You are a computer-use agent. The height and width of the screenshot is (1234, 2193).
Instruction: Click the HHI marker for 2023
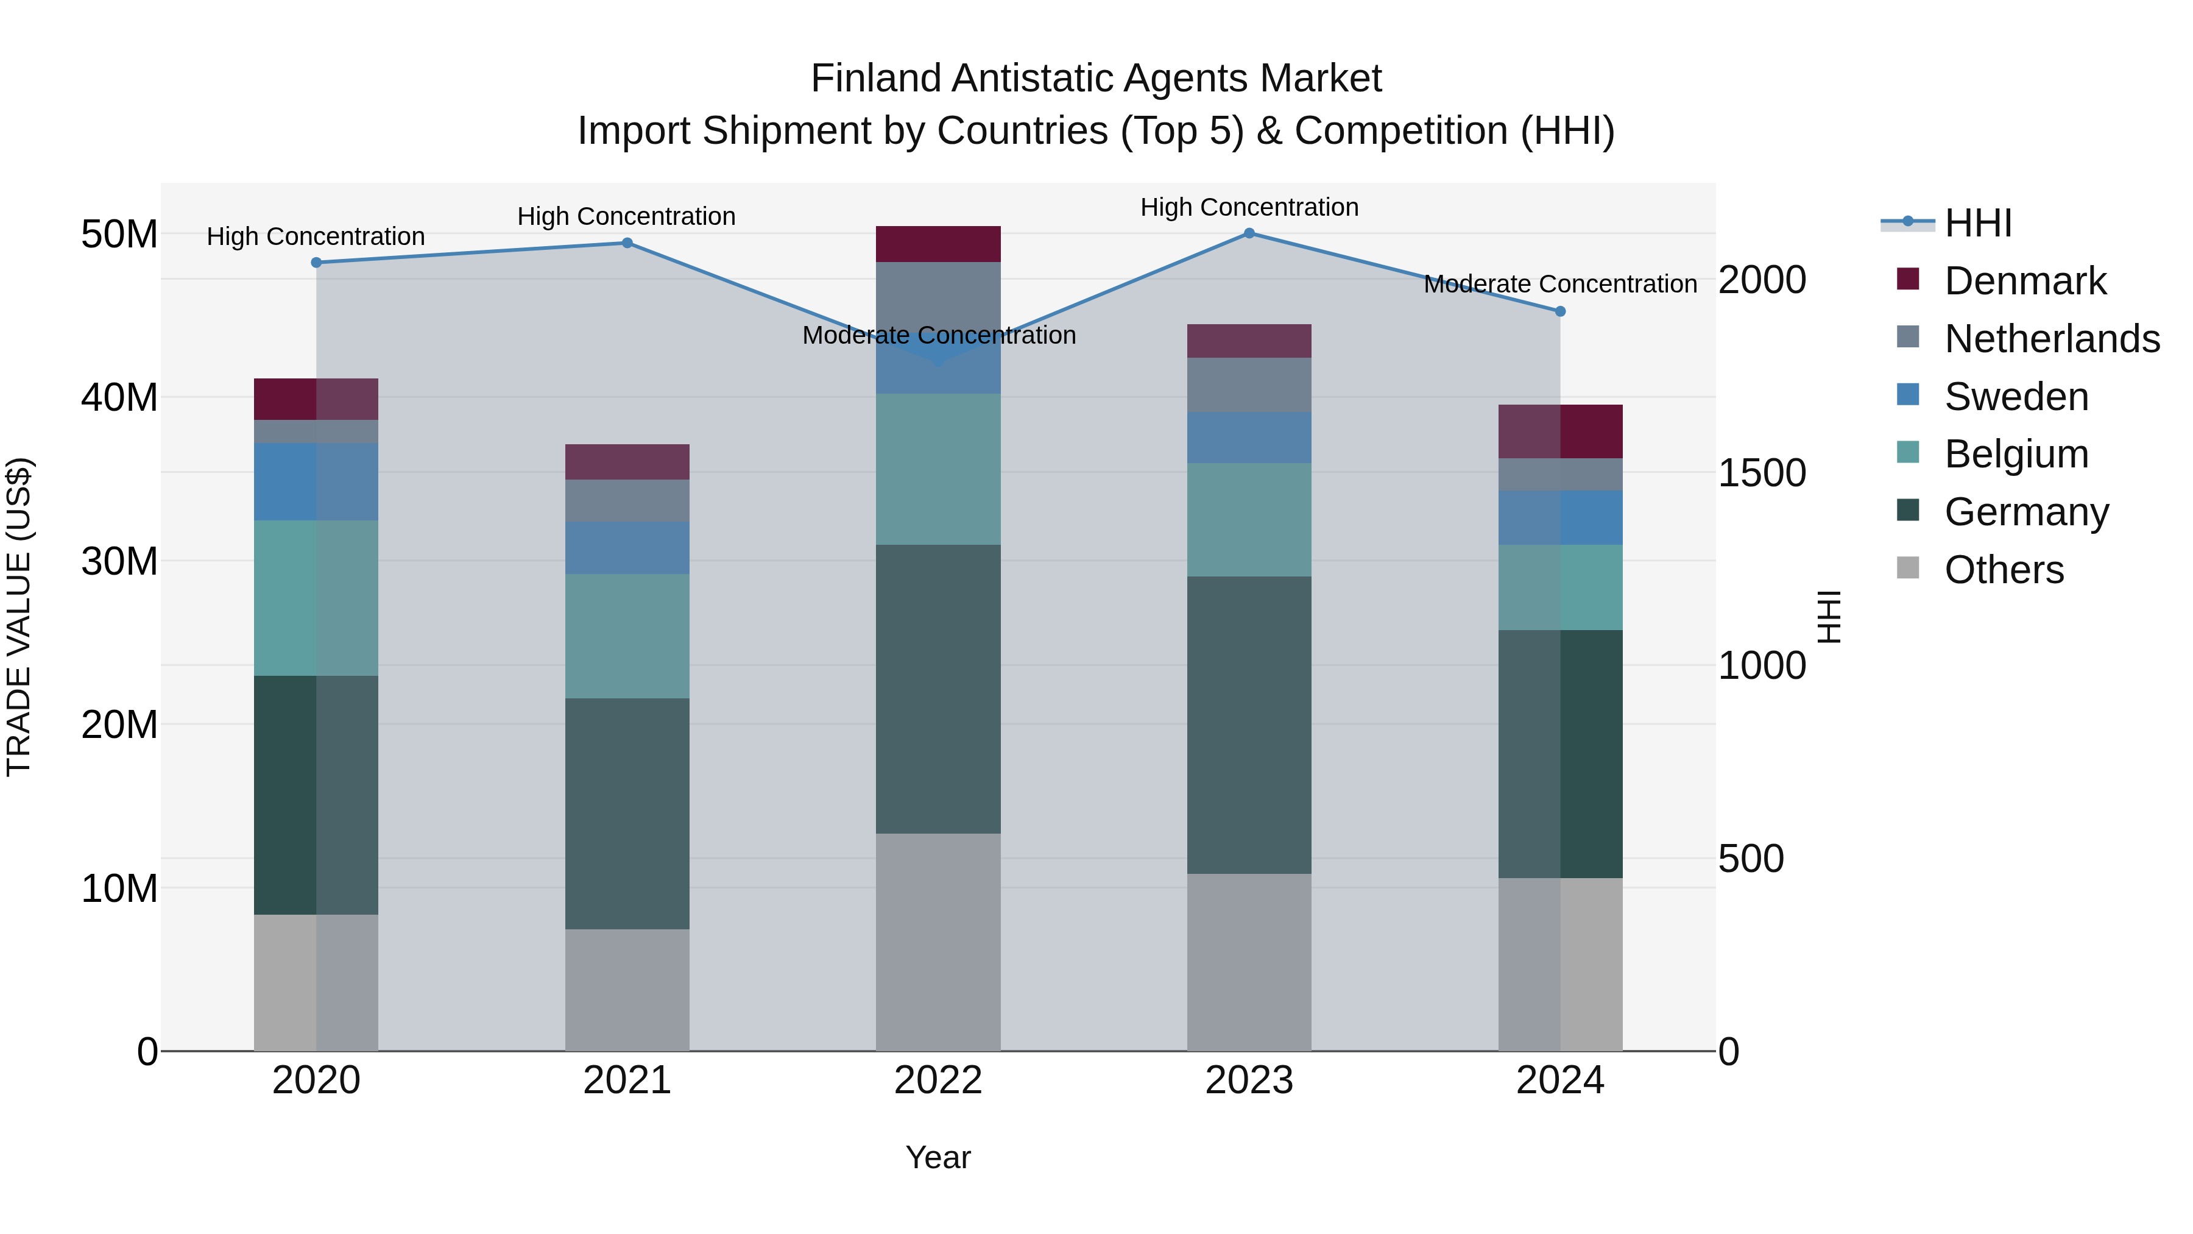(1249, 233)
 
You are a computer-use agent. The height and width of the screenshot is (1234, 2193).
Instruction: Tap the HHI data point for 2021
(627, 243)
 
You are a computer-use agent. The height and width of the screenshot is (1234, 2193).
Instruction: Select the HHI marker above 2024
(1559, 311)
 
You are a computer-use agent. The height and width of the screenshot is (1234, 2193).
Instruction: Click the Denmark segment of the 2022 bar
(938, 244)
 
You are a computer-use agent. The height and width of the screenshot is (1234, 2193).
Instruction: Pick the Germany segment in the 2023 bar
(1249, 725)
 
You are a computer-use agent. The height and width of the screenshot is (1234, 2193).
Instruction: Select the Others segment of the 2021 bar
(627, 990)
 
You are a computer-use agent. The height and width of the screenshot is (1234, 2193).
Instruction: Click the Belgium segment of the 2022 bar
(938, 469)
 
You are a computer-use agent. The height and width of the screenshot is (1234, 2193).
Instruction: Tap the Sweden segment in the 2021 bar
(627, 548)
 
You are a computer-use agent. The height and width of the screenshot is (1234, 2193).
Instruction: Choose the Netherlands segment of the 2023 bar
(1249, 385)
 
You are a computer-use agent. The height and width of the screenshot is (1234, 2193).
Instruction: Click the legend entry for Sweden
(2016, 397)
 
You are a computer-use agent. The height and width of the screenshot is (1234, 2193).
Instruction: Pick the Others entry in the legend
(2003, 570)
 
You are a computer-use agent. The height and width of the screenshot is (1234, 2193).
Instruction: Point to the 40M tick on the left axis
(119, 398)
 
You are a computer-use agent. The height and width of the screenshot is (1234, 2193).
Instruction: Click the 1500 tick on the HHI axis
(1761, 473)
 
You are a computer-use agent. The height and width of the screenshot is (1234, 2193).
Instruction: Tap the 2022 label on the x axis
(938, 1080)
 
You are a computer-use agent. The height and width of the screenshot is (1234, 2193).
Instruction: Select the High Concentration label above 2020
(316, 237)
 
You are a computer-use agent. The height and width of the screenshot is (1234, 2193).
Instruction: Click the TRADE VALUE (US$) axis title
(19, 617)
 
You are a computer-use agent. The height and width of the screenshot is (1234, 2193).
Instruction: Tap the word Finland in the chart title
(877, 79)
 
